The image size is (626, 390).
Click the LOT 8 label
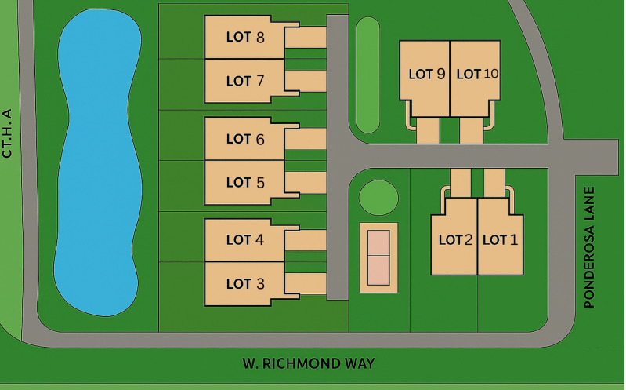[x=245, y=37]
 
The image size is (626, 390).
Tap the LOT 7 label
[x=245, y=81]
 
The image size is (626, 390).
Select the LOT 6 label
[x=245, y=139]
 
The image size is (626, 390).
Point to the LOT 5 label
[x=245, y=183]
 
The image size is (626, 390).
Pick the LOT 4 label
[x=245, y=240]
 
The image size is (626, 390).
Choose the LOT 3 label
[x=245, y=284]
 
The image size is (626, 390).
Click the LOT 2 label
[x=455, y=240]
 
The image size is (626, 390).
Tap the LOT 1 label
[x=500, y=240]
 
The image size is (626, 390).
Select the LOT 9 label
[x=427, y=75]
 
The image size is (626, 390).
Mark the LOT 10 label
[x=477, y=75]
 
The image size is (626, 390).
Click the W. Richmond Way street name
[x=308, y=363]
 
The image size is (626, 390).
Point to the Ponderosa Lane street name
[x=591, y=247]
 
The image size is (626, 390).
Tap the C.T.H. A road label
[x=7, y=133]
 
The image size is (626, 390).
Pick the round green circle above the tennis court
[x=378, y=197]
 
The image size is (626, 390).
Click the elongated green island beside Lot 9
[x=367, y=75]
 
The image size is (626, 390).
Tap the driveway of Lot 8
[x=306, y=37]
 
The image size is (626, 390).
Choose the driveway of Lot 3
[x=306, y=283]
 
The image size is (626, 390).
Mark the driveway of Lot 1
[x=494, y=182]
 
